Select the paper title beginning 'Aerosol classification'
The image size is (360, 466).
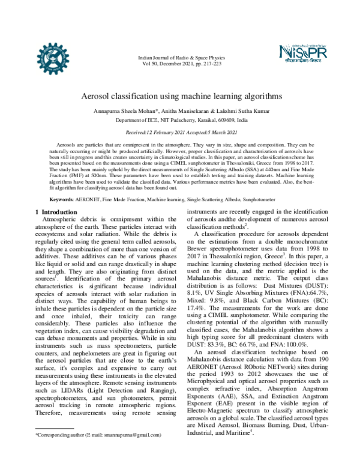(x=179, y=95)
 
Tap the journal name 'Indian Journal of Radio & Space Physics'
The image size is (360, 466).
(x=179, y=57)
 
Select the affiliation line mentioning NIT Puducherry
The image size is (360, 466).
(x=179, y=120)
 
